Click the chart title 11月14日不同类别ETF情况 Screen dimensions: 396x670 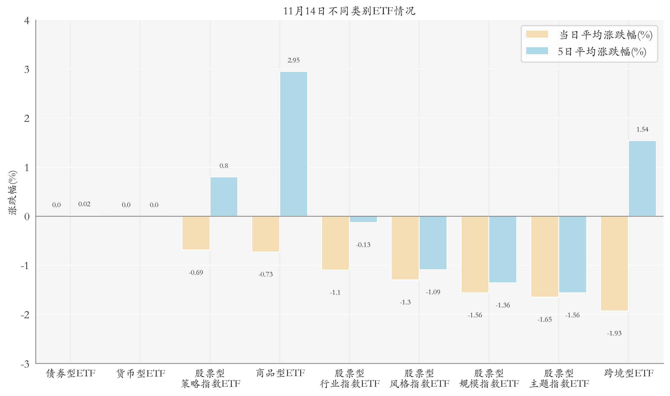coord(349,11)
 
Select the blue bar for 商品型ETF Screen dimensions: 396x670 coord(294,144)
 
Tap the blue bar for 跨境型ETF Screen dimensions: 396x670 coord(642,178)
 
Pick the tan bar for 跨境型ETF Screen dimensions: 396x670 coord(614,263)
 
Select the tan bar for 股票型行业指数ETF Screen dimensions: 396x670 coord(335,243)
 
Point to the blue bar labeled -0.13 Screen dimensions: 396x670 coord(363,219)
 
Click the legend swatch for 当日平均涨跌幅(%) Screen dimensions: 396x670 coord(537,34)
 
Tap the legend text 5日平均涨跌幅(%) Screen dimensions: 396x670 coord(602,52)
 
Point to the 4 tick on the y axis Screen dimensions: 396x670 coord(27,21)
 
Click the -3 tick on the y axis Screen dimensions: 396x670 coord(25,364)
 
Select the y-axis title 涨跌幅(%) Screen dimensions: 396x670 coord(12,192)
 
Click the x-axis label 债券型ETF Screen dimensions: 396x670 coord(71,373)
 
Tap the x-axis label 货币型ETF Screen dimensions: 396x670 coord(141,373)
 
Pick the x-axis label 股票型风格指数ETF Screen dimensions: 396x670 coord(419,378)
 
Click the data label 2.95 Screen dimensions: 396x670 coord(294,60)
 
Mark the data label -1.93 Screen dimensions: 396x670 coord(614,333)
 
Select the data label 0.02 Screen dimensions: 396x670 coord(84,204)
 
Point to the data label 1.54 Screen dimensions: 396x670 coord(642,130)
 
